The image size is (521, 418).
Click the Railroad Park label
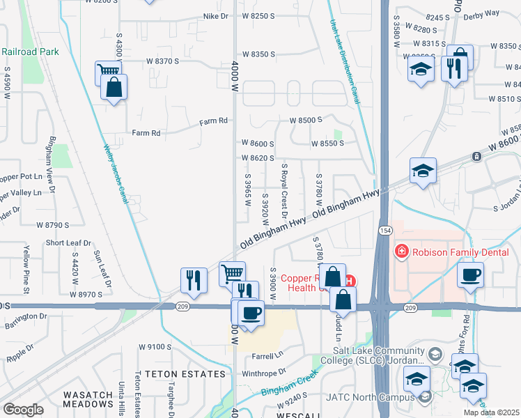pos(31,52)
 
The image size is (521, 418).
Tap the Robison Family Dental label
pos(460,251)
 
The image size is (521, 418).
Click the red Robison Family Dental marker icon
pos(401,251)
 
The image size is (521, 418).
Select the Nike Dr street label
pos(216,15)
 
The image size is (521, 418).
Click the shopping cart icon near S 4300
pos(108,71)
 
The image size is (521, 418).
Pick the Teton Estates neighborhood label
pos(185,374)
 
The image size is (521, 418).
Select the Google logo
pos(23,410)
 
